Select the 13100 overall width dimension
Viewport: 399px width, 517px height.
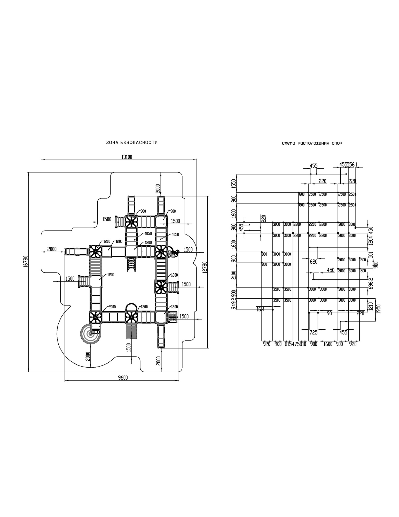[x=127, y=157]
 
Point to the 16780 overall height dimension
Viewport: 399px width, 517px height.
[x=25, y=261]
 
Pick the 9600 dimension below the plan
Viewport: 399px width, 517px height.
[x=123, y=378]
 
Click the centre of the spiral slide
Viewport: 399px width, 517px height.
[x=90, y=334]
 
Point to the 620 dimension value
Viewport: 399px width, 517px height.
[x=313, y=262]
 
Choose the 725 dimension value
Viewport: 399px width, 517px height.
[x=313, y=332]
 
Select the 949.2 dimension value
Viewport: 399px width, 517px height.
[x=233, y=303]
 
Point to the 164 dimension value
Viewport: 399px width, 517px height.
[x=261, y=309]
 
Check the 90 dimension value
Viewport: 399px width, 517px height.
[x=329, y=313]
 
